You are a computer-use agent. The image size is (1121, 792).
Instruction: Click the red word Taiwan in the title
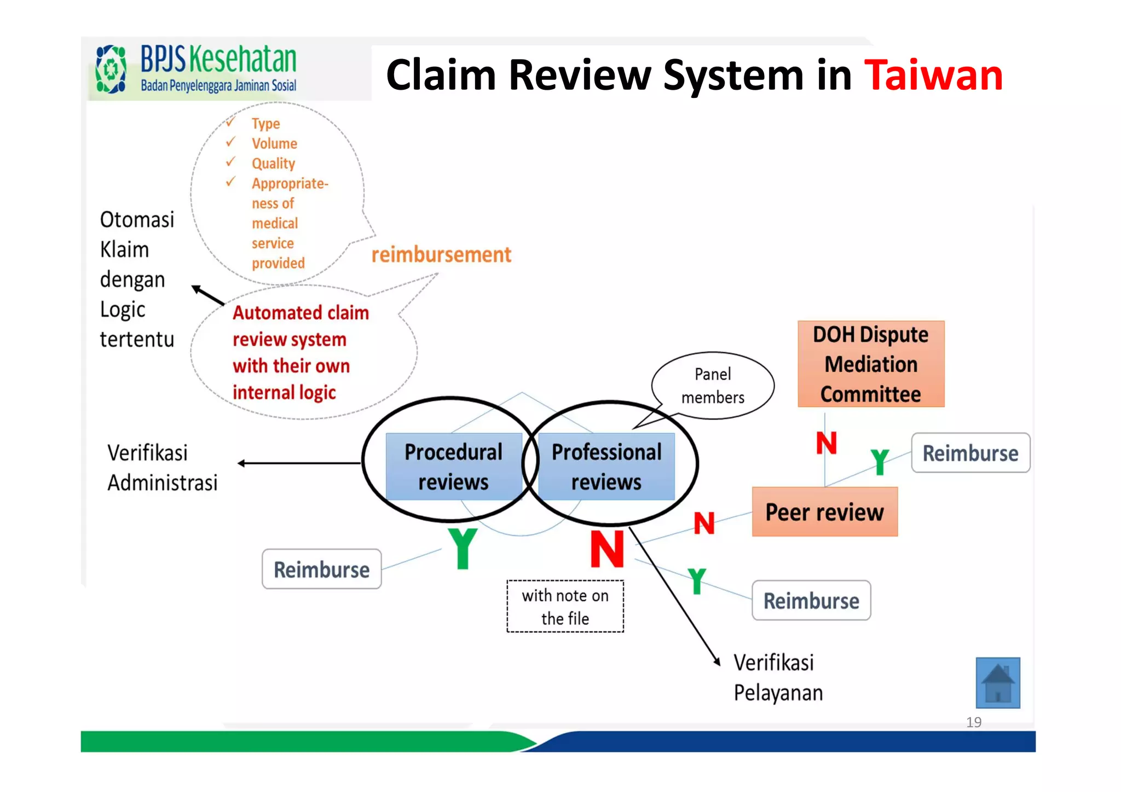point(933,75)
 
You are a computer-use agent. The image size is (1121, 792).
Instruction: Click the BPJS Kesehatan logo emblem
point(111,69)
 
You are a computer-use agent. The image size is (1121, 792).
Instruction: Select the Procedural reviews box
point(453,467)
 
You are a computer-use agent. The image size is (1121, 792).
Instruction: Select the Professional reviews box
point(606,467)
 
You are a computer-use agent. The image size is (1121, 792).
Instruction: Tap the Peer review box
point(824,512)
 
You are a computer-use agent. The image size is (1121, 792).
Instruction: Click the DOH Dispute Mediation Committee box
point(871,364)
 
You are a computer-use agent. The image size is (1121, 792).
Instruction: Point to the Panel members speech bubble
point(713,386)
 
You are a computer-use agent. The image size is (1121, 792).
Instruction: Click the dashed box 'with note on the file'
point(565,607)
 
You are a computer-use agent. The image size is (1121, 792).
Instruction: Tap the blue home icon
point(997,683)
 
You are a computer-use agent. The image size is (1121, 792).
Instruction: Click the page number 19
point(974,722)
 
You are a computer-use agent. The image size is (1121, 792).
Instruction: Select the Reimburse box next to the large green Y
point(321,569)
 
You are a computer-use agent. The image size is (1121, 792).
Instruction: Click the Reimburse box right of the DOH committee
point(970,453)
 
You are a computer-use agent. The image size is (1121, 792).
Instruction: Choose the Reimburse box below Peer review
point(811,601)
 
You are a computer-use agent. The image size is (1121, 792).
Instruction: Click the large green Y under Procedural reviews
point(463,549)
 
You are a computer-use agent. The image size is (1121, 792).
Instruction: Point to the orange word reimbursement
point(441,255)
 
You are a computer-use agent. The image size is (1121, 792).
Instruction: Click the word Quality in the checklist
point(273,164)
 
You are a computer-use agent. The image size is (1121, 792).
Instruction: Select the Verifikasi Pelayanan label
point(778,678)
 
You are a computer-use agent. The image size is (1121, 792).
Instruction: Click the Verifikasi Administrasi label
point(162,468)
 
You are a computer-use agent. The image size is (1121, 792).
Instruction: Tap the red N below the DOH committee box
point(826,442)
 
